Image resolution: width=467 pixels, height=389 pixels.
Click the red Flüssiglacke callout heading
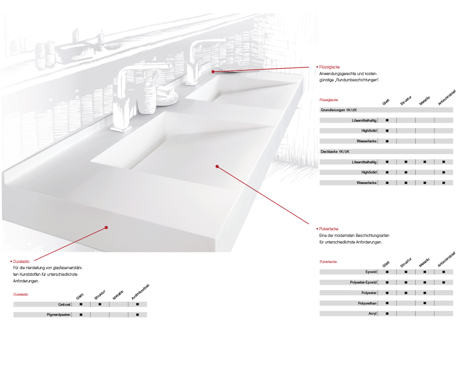coord(329,67)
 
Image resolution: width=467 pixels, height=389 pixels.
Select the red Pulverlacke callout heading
coord(328,229)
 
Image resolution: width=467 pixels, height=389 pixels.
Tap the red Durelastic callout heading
coord(21,261)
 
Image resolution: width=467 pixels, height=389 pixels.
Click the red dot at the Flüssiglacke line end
coord(213,72)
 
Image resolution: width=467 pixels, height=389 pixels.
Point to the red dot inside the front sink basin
coord(217,166)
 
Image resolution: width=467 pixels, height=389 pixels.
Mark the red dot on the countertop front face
coord(106,228)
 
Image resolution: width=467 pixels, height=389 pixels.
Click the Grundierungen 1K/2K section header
coord(339,110)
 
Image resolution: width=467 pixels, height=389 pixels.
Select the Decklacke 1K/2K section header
coord(335,152)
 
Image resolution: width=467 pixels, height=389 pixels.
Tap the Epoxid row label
coord(371,272)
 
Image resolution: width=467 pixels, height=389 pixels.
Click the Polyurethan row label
coord(367,303)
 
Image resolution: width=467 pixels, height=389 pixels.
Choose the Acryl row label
coord(372,314)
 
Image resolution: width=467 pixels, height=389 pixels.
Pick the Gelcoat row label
coord(64,304)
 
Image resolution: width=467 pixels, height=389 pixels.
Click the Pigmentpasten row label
coord(59,315)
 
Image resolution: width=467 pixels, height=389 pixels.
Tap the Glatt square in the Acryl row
coord(387,314)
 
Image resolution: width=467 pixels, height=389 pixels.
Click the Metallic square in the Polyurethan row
coord(425,303)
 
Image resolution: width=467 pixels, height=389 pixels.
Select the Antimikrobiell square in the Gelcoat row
coord(137,304)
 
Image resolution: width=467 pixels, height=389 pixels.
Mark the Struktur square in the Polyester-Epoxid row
coord(406,282)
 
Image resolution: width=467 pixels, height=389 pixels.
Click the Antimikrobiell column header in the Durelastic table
coord(140,292)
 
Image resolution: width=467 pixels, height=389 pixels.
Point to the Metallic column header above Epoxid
coord(424,263)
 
